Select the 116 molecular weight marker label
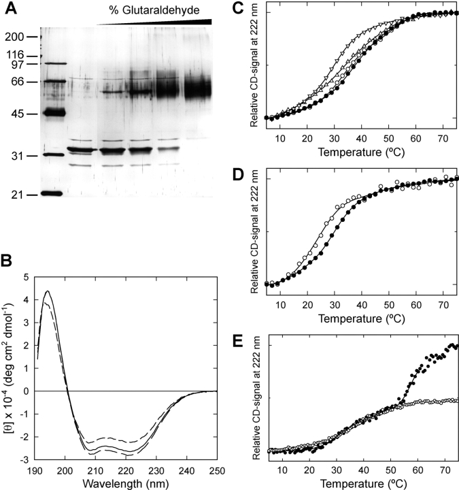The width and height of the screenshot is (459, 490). click(14, 54)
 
